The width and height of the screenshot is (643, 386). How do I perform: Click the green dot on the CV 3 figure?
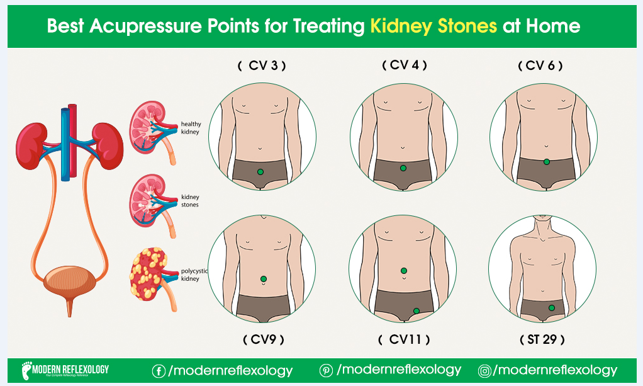260,172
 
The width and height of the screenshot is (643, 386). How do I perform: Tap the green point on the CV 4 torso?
403,168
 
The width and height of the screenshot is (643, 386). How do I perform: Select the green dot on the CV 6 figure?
547,162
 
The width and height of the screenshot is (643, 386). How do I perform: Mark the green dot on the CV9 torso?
264,279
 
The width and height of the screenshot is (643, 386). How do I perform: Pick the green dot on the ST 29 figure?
552,308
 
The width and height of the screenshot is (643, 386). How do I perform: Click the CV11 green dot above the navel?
404,271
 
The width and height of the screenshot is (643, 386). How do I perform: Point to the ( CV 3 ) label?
262,65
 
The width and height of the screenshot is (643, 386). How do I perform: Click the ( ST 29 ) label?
542,339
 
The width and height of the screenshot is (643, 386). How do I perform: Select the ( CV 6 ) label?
540,65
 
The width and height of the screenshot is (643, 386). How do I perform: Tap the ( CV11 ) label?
404,339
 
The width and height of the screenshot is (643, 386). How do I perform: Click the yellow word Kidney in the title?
401,26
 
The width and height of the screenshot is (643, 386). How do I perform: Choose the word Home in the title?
553,26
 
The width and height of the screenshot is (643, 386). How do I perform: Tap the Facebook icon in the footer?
159,372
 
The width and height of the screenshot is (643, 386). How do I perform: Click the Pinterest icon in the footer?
326,371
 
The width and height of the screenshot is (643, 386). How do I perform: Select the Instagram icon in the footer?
484,372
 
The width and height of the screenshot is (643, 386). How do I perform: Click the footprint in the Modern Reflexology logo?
26,370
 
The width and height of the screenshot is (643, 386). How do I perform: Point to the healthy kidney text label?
191,128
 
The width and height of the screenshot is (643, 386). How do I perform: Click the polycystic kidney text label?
194,275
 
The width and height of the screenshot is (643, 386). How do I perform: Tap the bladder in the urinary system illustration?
70,281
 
